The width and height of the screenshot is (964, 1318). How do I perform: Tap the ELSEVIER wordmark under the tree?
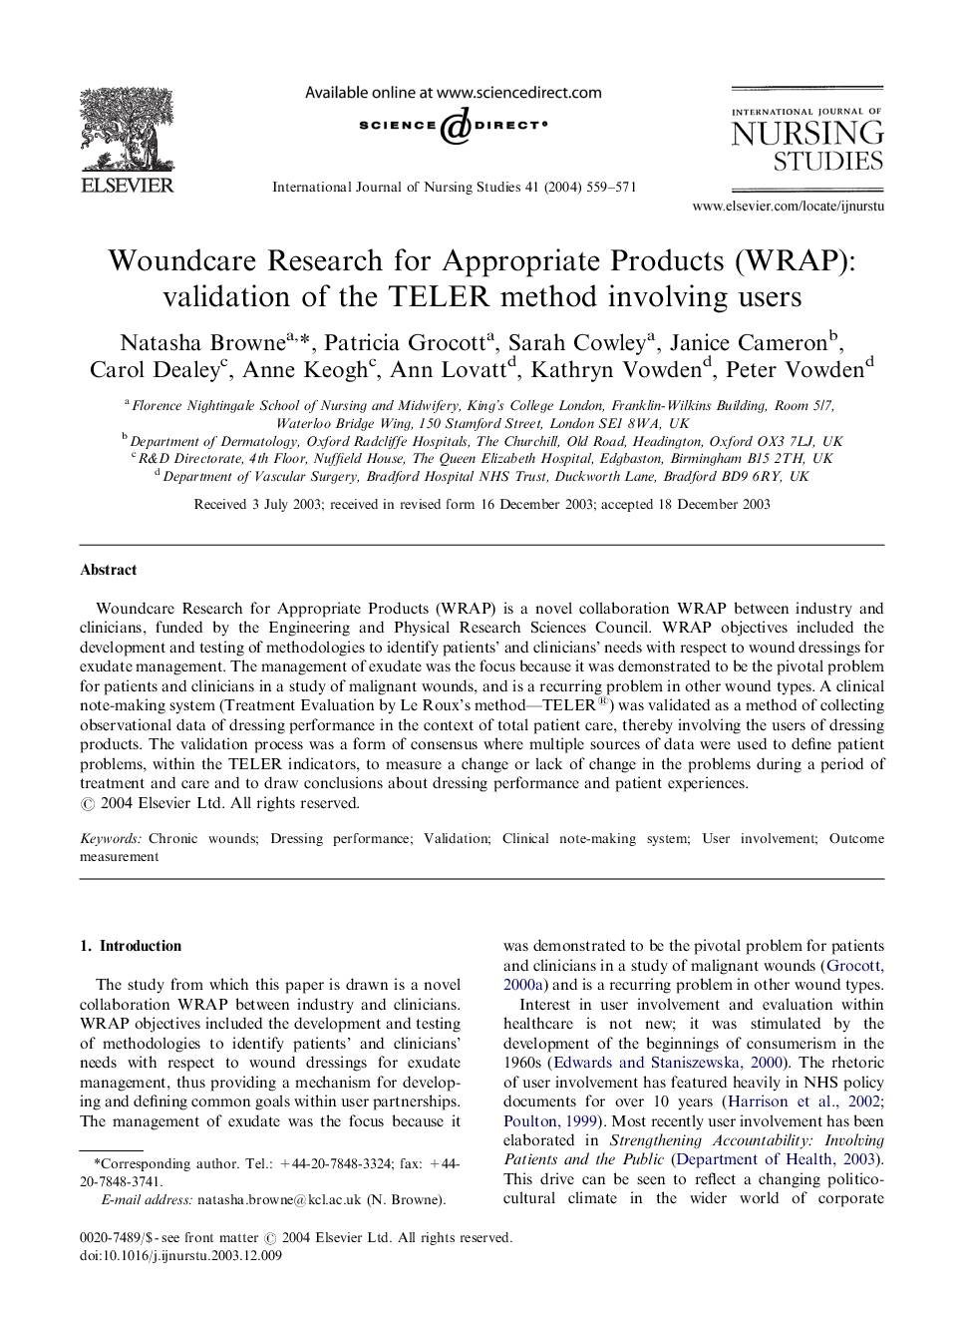click(x=127, y=186)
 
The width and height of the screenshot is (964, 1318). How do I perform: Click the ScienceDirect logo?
click(x=453, y=126)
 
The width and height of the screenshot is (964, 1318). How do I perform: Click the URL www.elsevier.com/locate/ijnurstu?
click(x=788, y=207)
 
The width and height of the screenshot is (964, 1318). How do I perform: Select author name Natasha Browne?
click(x=202, y=343)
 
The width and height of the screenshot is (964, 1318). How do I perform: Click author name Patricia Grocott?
click(x=405, y=343)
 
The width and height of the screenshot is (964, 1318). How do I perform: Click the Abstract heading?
click(x=109, y=571)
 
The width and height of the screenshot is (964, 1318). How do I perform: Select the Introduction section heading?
click(x=140, y=946)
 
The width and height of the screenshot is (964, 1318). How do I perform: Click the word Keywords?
click(x=111, y=839)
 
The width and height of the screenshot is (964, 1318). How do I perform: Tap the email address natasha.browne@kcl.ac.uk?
click(x=279, y=1200)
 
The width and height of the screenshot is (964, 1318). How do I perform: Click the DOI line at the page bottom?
click(x=180, y=1256)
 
